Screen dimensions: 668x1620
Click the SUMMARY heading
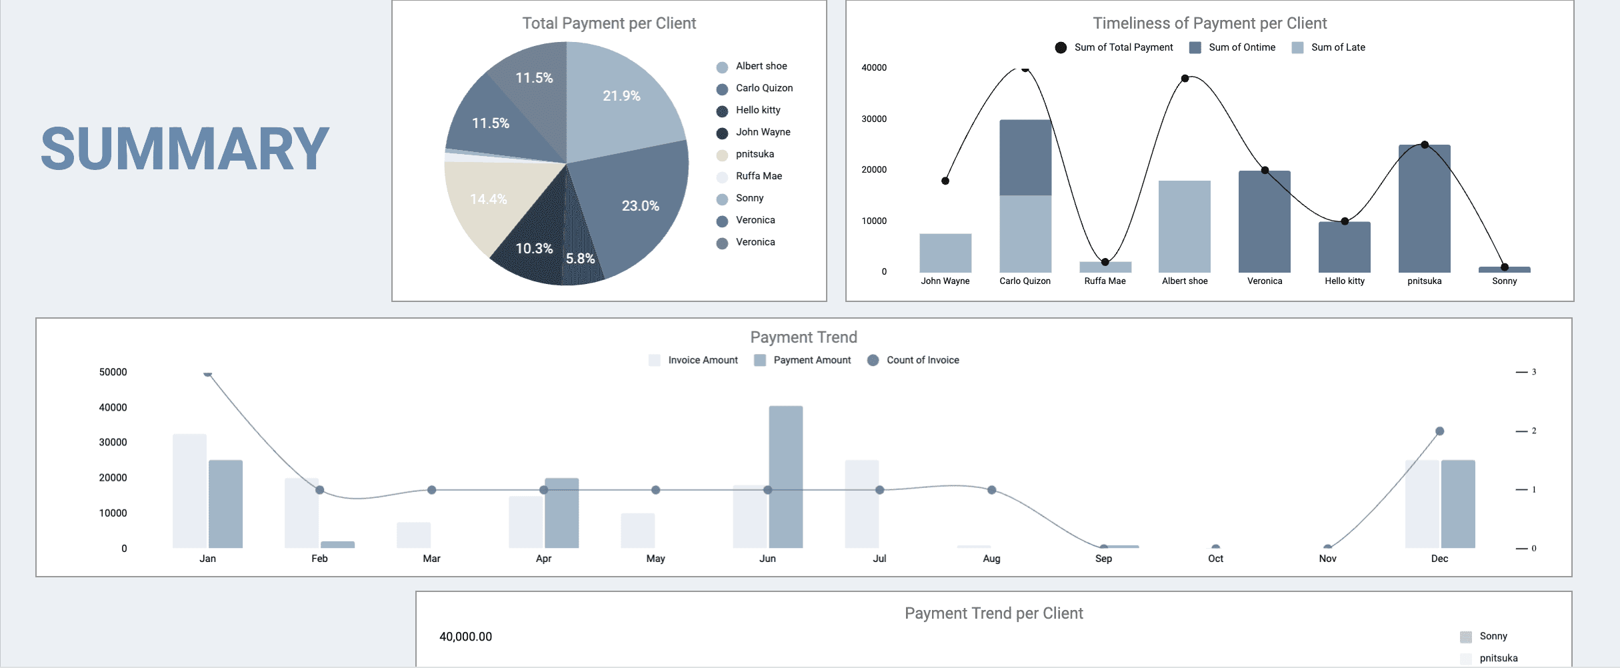tap(185, 149)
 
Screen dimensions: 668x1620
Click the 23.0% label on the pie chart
tap(640, 206)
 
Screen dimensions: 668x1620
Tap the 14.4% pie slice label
tap(488, 199)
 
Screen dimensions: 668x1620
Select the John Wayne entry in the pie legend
tap(762, 132)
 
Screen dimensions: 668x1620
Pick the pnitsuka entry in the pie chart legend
tap(754, 154)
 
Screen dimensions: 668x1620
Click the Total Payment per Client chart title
tap(609, 23)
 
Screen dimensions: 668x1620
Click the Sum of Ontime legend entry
tap(1241, 47)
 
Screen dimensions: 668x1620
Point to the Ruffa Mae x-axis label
tap(1105, 281)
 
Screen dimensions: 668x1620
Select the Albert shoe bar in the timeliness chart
tap(1185, 226)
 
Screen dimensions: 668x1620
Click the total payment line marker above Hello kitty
tap(1345, 221)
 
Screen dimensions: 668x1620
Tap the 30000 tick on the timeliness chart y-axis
tap(874, 119)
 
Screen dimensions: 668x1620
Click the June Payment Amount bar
tap(785, 477)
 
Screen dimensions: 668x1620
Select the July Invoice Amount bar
tap(862, 503)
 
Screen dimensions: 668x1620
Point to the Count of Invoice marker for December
tap(1439, 431)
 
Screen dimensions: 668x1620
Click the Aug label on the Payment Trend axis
tap(991, 559)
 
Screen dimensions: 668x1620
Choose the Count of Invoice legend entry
tap(921, 360)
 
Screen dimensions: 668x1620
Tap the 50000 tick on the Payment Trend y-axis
tap(113, 372)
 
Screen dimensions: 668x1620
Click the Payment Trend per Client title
tap(993, 613)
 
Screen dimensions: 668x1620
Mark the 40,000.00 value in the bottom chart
tap(465, 637)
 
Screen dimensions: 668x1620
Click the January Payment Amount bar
tap(225, 503)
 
